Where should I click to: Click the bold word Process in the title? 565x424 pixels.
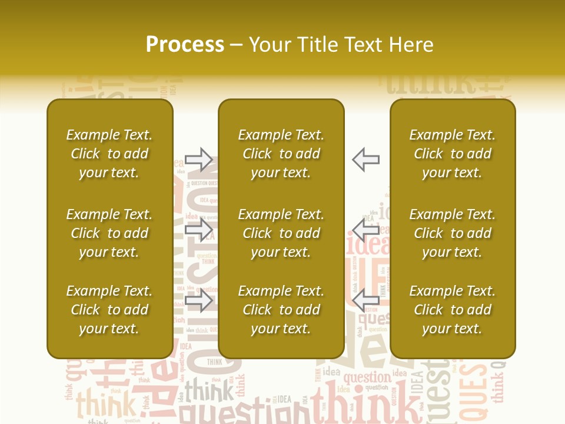point(185,45)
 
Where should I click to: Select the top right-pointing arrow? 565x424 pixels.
point(199,159)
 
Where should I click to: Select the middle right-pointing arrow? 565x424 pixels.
point(199,230)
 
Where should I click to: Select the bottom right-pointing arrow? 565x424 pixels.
point(199,300)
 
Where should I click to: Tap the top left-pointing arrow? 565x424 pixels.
point(366,159)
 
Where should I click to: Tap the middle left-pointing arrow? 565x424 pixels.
point(366,230)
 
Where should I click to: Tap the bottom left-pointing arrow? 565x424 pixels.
point(366,300)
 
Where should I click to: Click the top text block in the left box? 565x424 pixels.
point(109,154)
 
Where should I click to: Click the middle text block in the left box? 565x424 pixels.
point(109,233)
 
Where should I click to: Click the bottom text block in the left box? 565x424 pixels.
point(109,310)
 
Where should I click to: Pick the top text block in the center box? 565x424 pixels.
point(281,154)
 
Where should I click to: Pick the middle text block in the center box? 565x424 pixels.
point(281,233)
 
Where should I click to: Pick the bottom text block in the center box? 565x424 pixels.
point(281,310)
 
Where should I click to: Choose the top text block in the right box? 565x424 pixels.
point(453,154)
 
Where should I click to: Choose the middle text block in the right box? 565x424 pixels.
point(453,233)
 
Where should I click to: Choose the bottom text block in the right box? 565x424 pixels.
point(453,310)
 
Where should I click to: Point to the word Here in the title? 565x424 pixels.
point(411,45)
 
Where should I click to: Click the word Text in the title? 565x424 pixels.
point(364,45)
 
